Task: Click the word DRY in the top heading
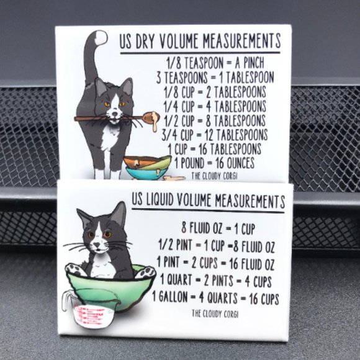145,42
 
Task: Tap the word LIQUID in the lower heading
159,200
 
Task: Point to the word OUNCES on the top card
240,163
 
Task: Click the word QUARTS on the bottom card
222,298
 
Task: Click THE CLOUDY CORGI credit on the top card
214,176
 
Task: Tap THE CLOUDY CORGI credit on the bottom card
215,313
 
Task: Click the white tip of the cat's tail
101,37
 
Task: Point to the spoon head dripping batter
151,117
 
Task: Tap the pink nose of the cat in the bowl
97,245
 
